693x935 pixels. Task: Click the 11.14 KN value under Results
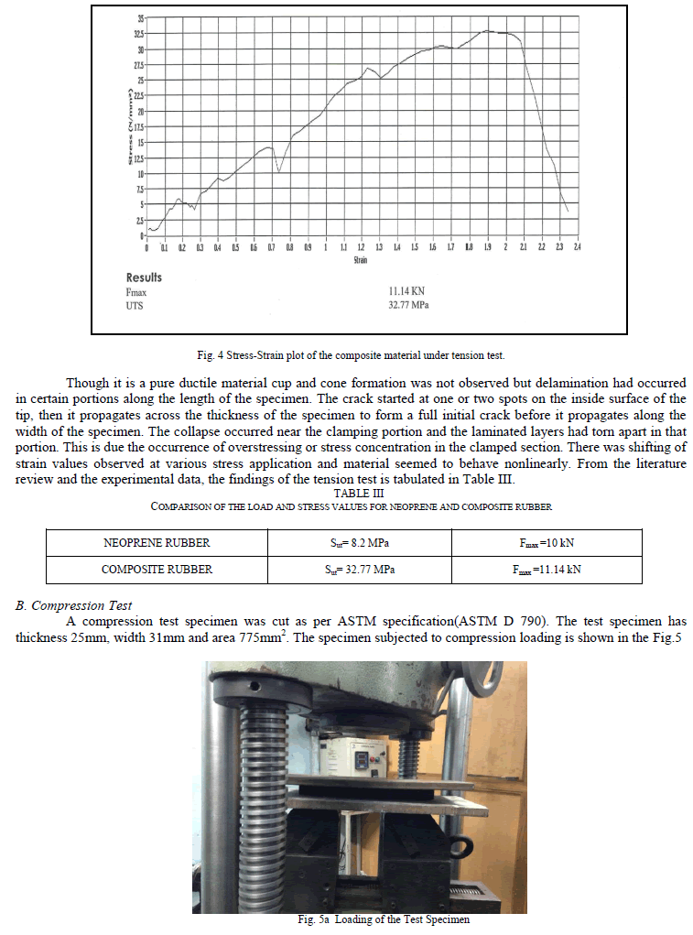click(x=406, y=291)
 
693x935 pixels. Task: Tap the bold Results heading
click(x=144, y=277)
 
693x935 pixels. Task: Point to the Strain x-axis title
click(x=360, y=261)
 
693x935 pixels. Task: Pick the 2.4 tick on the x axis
click(x=577, y=247)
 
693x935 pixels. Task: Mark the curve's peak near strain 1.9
click(x=489, y=30)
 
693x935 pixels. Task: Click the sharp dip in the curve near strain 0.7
click(x=278, y=171)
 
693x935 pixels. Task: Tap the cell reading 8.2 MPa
click(x=360, y=543)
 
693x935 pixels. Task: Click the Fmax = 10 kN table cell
click(x=547, y=543)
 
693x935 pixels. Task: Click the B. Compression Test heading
click(x=74, y=605)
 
